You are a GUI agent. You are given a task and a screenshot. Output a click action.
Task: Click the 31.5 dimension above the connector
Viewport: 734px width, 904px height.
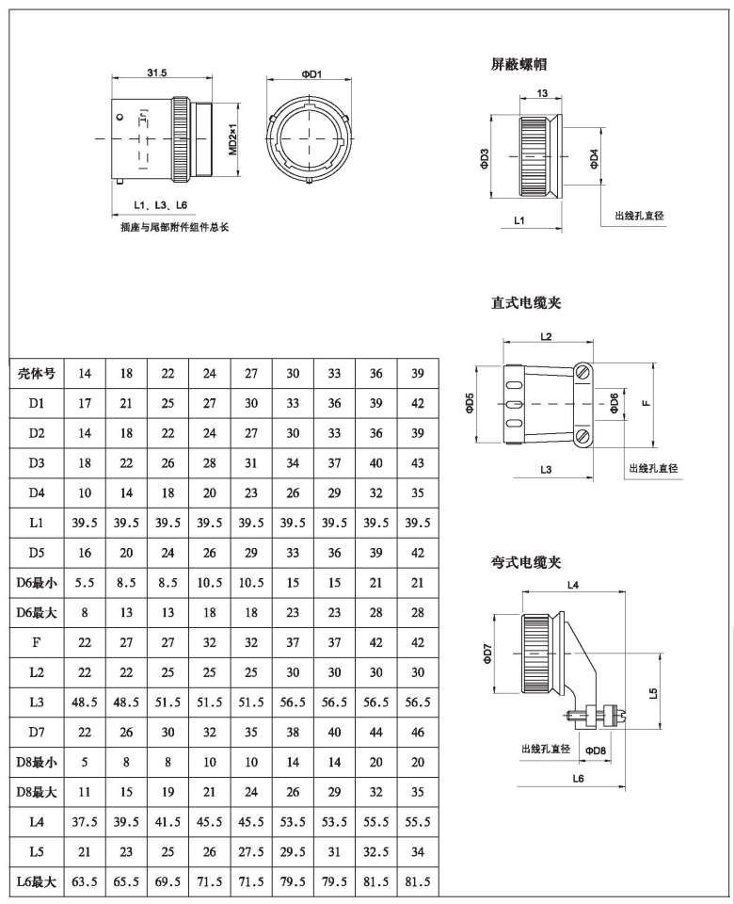click(x=158, y=73)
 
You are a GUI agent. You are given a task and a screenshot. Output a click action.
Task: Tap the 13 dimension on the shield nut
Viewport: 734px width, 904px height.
click(x=542, y=93)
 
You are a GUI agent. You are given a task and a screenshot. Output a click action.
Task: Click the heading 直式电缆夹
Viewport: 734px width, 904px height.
click(x=526, y=303)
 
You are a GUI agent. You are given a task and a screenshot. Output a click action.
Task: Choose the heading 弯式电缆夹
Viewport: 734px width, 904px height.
click(x=526, y=562)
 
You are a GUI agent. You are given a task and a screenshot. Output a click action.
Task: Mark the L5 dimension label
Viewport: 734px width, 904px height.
click(x=653, y=693)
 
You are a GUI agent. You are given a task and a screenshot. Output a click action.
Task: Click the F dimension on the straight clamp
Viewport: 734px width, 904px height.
click(x=645, y=404)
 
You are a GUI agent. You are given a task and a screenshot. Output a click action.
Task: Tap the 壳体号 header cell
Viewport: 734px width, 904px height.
click(x=37, y=373)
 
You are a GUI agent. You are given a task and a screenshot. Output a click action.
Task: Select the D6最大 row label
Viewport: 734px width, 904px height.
click(x=37, y=613)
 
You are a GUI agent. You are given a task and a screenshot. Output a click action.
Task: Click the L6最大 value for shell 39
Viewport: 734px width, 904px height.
click(x=417, y=882)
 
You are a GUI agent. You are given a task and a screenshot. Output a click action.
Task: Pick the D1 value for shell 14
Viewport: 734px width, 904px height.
click(x=85, y=404)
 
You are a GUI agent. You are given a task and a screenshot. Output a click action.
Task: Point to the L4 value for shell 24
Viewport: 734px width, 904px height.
click(x=209, y=822)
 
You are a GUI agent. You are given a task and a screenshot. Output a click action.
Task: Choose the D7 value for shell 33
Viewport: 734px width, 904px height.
click(x=334, y=733)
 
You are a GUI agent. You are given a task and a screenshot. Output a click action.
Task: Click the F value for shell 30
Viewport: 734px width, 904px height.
click(x=293, y=643)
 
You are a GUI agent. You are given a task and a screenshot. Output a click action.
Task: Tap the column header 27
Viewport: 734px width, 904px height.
click(x=251, y=373)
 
